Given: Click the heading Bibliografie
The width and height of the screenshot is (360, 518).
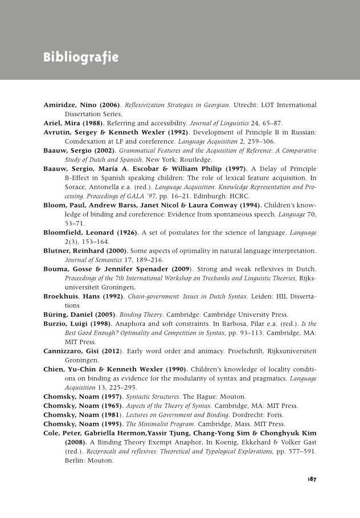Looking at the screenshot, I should coord(81,58).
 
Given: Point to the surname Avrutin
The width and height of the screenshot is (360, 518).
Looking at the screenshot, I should coord(59,132).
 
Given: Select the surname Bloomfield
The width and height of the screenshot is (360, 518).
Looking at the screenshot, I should coord(66,233).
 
